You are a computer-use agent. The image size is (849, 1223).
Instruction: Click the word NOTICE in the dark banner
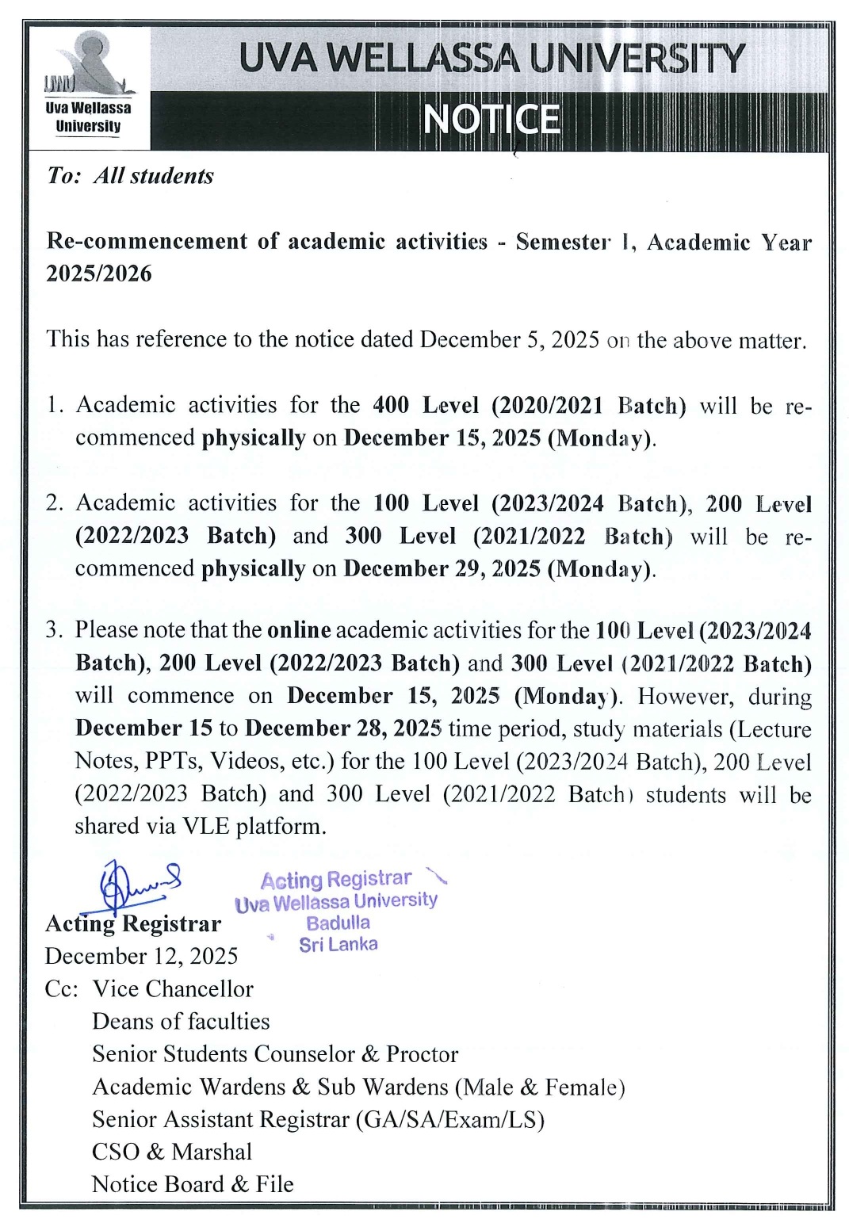tap(491, 120)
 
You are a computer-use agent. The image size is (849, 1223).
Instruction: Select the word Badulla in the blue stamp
tap(338, 923)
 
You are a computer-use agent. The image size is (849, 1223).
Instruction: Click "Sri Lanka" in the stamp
tap(338, 944)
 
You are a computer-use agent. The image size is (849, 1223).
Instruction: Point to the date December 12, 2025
tap(141, 956)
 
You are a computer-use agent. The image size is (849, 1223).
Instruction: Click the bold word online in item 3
tap(299, 630)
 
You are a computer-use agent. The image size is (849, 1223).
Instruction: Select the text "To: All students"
tap(130, 175)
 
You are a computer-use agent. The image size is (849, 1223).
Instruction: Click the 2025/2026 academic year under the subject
tap(99, 273)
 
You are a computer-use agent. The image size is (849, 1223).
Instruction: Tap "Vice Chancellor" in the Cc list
tap(173, 988)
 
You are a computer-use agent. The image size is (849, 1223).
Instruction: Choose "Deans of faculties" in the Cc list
tap(181, 1021)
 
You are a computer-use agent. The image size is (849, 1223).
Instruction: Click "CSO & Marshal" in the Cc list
tap(171, 1151)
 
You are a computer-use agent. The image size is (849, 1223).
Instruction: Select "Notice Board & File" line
tap(193, 1183)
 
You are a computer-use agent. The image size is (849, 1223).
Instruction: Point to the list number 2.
tap(53, 503)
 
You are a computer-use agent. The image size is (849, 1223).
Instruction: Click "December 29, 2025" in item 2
tap(442, 569)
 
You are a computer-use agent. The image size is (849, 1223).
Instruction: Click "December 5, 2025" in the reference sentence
tap(509, 339)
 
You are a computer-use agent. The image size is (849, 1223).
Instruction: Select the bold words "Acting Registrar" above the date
tap(133, 923)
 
